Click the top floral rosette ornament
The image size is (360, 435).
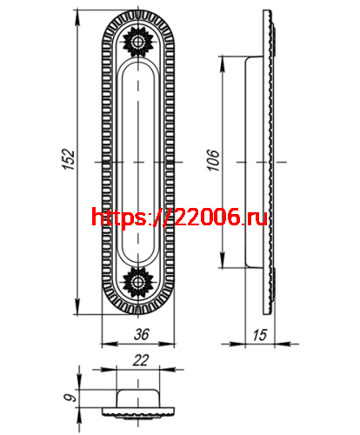pos(137,41)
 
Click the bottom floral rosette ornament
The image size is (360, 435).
pos(137,282)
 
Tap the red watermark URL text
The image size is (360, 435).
pos(178,218)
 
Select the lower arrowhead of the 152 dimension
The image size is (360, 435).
pos(83,311)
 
